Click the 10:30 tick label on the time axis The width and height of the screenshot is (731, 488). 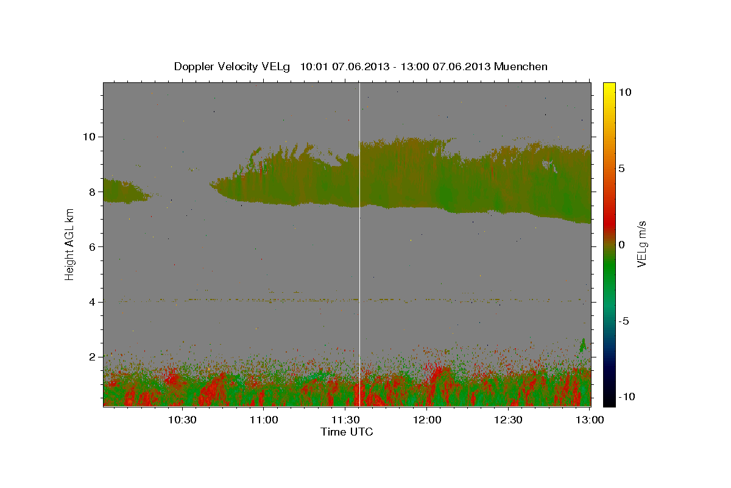(182, 420)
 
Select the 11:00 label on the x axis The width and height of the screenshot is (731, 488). (264, 420)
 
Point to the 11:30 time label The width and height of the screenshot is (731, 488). (345, 420)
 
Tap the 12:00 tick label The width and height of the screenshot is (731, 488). (427, 420)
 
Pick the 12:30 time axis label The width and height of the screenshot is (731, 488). (508, 420)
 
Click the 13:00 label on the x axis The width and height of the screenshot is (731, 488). (590, 420)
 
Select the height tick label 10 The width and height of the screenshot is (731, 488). (89, 137)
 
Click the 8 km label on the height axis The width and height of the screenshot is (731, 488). (92, 192)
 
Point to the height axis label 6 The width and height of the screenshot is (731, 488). (92, 247)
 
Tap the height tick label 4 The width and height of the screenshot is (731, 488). (92, 302)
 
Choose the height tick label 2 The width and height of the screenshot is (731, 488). (92, 357)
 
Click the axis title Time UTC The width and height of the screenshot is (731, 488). (347, 432)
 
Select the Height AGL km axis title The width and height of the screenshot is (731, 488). (69, 245)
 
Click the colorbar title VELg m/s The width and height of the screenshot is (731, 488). (641, 244)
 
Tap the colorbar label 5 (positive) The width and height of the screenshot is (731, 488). (621, 168)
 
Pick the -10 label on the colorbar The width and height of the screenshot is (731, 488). (627, 397)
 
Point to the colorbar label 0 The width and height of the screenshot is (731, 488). (621, 245)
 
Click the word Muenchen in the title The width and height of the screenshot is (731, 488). (520, 66)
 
